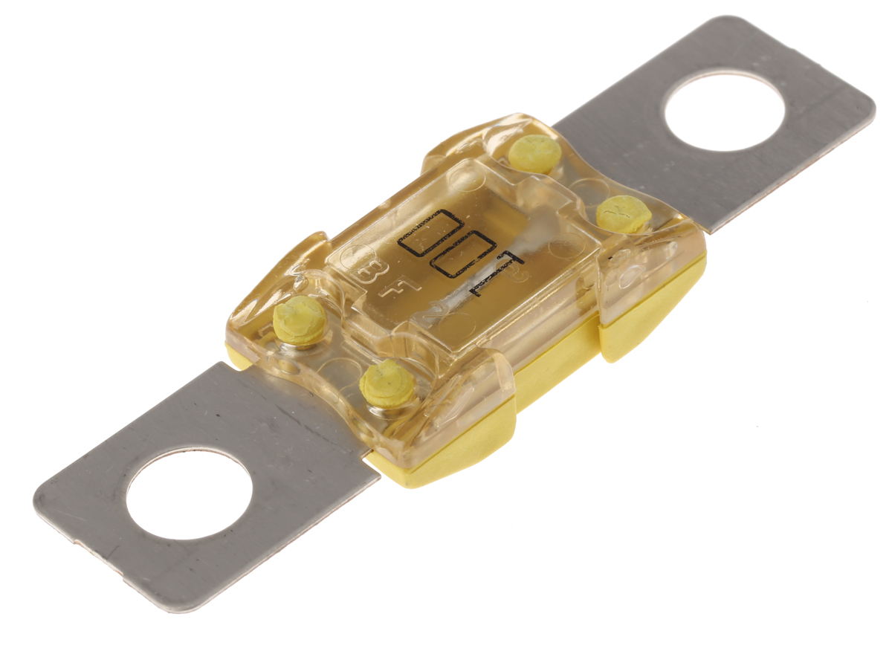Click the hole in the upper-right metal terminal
point(724,111)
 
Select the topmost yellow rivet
point(535,152)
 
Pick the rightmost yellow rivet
point(624,213)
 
